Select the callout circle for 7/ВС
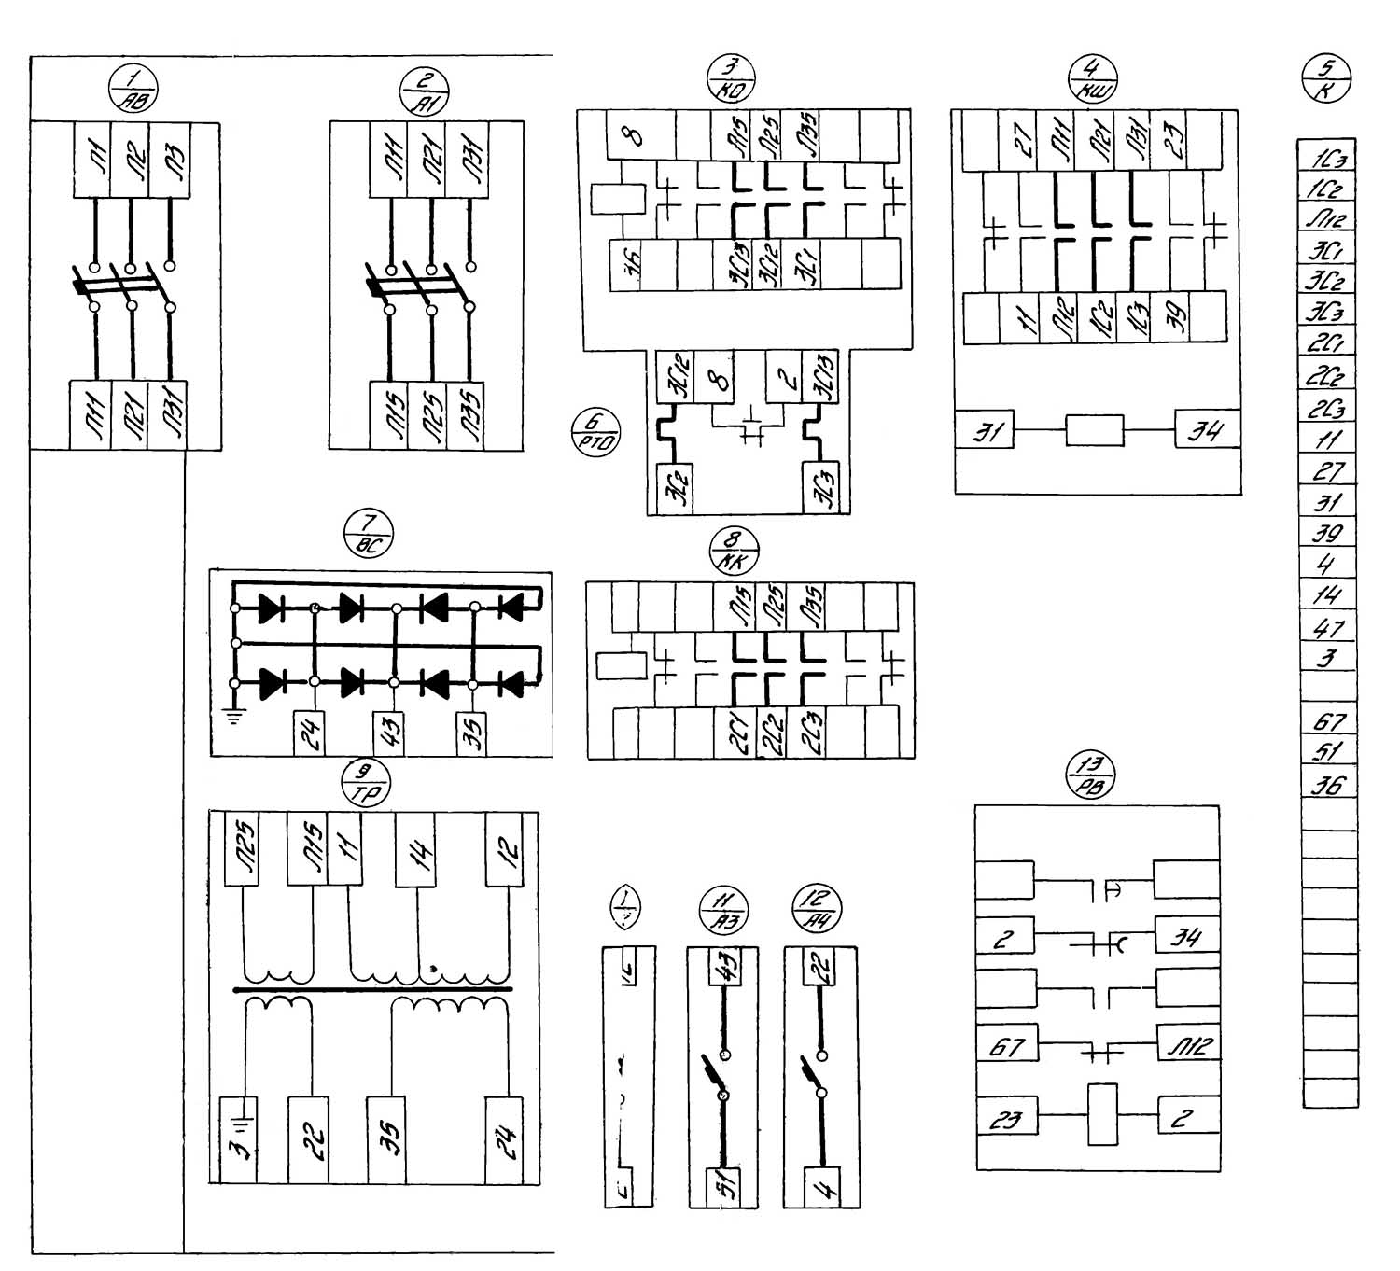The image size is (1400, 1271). click(369, 536)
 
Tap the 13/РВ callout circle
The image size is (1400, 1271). click(1091, 775)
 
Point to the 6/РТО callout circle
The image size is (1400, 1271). click(595, 434)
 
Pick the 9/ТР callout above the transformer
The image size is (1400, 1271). click(367, 783)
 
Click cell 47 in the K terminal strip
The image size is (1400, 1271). click(1328, 628)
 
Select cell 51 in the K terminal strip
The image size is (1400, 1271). click(1328, 752)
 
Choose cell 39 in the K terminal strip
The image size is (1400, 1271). click(1328, 533)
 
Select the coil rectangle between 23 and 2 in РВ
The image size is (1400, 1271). click(1102, 1114)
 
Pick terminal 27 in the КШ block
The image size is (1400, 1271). click(1025, 141)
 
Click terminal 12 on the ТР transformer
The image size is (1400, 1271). click(509, 850)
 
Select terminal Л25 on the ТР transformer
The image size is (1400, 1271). click(245, 849)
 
